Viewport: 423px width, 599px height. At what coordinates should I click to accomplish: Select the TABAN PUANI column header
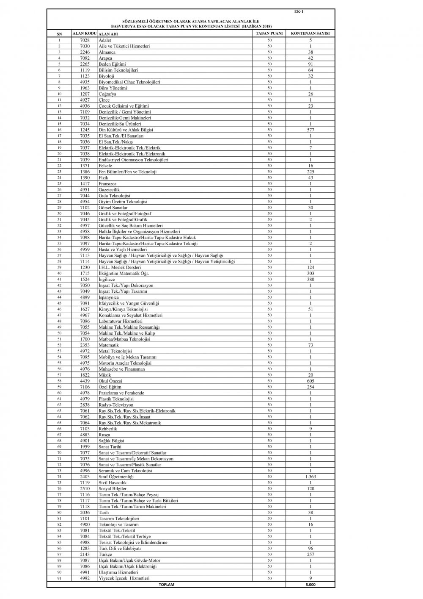pos(269,33)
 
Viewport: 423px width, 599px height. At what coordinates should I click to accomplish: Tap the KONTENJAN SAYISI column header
pos(310,33)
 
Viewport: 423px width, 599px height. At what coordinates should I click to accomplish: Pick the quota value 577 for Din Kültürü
pos(310,130)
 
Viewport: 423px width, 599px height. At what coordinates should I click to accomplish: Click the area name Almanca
pos(107,52)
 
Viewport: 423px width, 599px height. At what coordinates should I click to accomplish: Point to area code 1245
pos(85,130)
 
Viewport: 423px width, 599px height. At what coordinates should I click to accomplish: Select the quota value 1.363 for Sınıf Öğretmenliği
pos(310,477)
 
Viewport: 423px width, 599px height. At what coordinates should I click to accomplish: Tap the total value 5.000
pos(310,585)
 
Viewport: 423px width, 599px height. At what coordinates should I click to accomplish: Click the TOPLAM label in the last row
pos(166,585)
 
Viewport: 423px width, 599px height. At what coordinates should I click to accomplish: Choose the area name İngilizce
pos(107,280)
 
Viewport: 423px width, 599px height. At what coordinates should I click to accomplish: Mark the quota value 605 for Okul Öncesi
pos(310,381)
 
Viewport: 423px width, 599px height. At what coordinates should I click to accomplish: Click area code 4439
pos(85,381)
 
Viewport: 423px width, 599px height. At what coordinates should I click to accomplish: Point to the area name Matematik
pos(109,345)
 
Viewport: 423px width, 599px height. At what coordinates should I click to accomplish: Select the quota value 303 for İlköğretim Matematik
pos(310,274)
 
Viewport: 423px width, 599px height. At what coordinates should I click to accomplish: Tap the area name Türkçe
pos(105,555)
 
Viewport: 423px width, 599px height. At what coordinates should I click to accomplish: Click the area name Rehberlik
pos(108,429)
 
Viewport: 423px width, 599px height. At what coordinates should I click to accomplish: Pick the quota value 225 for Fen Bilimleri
pos(310,172)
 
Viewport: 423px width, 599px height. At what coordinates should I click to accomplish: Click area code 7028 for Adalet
pos(85,40)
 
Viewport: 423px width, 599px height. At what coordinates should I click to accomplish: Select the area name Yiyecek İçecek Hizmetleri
pos(124,578)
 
